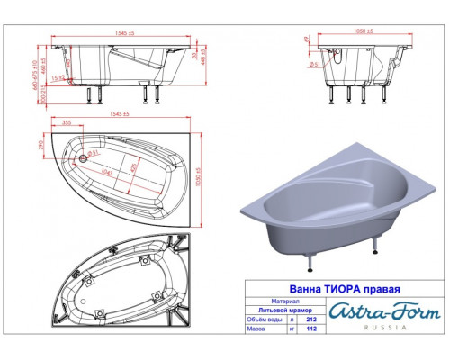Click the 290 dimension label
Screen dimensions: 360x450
(x=41, y=145)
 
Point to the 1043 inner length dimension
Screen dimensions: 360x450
(x=107, y=172)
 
